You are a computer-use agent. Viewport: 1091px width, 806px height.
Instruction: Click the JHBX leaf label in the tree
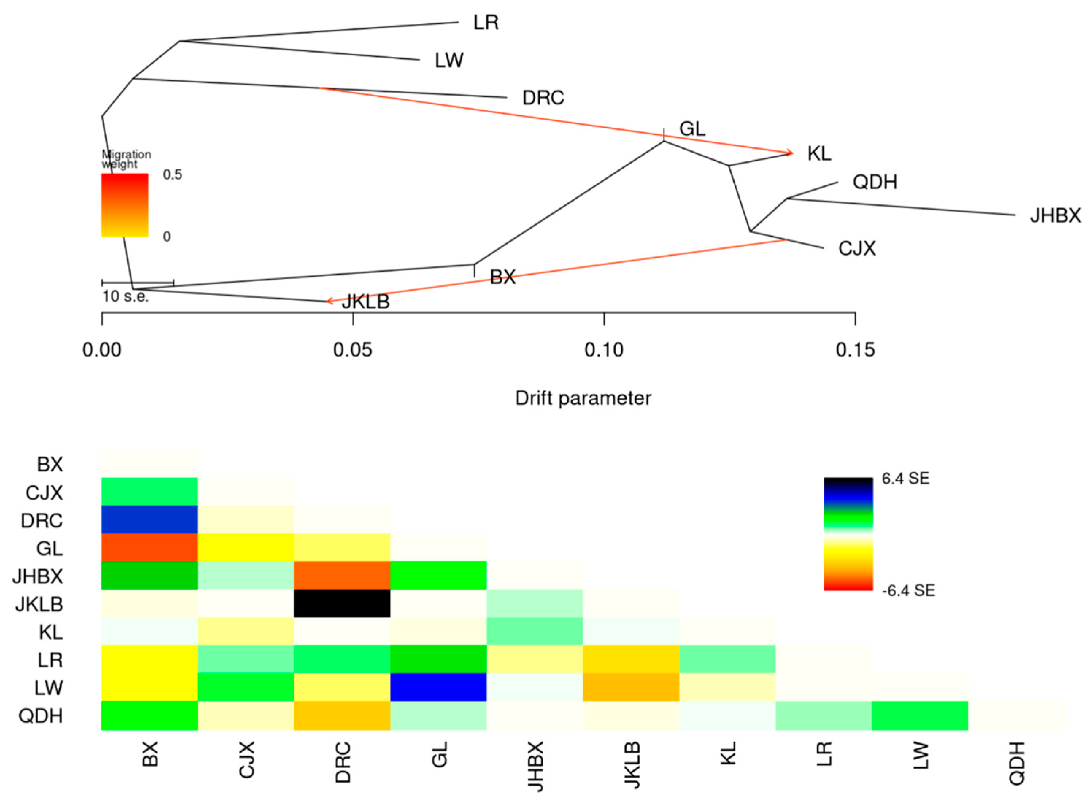[x=1055, y=216]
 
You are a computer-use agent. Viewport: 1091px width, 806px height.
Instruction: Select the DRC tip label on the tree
[x=543, y=98]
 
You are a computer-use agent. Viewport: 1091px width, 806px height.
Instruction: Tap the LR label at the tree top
[x=486, y=22]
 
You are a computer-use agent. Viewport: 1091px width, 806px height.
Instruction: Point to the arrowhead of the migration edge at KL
[x=790, y=153]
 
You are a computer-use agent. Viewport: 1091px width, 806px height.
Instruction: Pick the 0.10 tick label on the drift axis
[x=604, y=350]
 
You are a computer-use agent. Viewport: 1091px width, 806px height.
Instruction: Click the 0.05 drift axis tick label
[x=352, y=350]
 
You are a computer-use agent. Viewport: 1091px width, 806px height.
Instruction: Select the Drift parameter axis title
[x=583, y=398]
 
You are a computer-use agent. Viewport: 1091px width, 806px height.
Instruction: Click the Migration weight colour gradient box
[x=124, y=205]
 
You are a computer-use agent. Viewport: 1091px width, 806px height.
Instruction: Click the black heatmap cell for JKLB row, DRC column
[x=342, y=603]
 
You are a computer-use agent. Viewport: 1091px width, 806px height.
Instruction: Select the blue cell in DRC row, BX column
[x=149, y=519]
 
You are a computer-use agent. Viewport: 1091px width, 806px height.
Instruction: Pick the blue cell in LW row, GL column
[x=438, y=687]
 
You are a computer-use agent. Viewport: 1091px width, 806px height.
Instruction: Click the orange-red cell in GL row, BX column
[x=149, y=548]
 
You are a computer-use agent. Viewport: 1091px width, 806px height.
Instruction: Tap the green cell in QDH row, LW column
[x=920, y=715]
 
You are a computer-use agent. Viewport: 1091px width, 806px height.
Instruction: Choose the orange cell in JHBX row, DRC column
[x=342, y=576]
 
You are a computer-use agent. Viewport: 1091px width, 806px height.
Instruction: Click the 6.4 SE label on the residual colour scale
[x=905, y=479]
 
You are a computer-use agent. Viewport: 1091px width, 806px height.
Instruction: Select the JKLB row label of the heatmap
[x=39, y=604]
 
